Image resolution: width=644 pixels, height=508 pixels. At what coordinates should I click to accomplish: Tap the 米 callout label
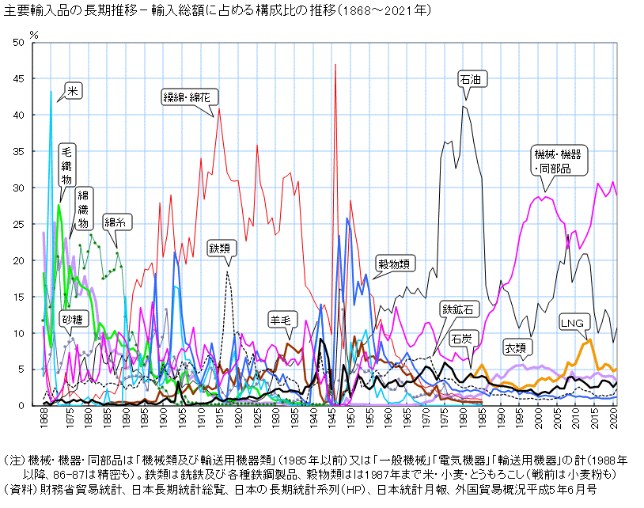pyautogui.click(x=72, y=92)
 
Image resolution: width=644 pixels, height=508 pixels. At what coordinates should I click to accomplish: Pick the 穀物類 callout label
pyautogui.click(x=394, y=264)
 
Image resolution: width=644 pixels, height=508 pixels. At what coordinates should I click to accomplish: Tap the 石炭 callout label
pyautogui.click(x=461, y=338)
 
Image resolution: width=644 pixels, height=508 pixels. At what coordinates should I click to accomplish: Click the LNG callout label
pyautogui.click(x=571, y=323)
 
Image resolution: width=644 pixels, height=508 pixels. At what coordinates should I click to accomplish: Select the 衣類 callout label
pyautogui.click(x=515, y=347)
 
